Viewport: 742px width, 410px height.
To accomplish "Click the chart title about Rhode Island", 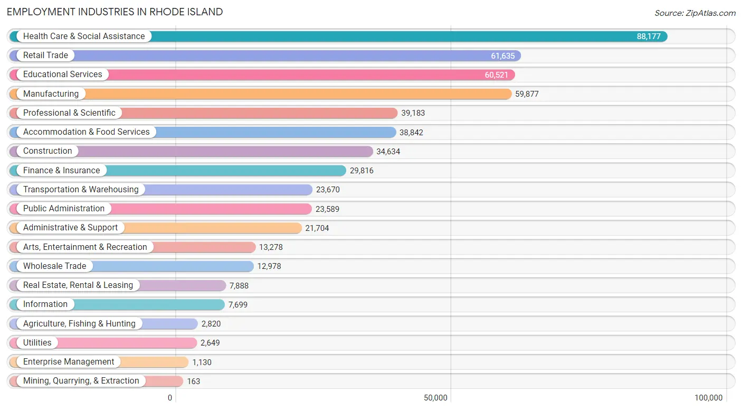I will [x=115, y=12].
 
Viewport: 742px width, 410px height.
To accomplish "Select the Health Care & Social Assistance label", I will [x=83, y=36].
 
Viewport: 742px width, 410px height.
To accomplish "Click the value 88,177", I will [x=649, y=36].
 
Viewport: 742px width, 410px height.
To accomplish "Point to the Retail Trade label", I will [x=45, y=55].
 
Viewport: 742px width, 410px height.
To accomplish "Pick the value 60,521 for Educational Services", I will [x=496, y=75].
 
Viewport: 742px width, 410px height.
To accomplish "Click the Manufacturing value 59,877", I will [x=527, y=94].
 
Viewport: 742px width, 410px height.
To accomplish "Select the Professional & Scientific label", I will [x=69, y=113].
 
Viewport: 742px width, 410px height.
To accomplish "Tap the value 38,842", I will [x=411, y=133].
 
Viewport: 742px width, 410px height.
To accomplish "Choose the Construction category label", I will [x=47, y=151].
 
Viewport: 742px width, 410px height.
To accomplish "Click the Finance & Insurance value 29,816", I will [x=362, y=171].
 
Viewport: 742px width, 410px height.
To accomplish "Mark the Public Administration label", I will [x=64, y=209].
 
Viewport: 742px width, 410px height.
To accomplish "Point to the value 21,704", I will [x=317, y=228].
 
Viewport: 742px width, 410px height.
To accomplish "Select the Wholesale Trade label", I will [x=54, y=266].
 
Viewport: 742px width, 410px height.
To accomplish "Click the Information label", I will [x=45, y=304].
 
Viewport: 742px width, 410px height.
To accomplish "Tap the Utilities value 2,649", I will [x=210, y=343].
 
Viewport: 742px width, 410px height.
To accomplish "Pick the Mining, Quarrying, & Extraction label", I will [x=81, y=381].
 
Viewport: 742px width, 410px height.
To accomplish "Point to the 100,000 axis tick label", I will [x=708, y=398].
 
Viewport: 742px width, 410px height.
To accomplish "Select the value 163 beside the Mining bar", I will [x=194, y=381].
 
